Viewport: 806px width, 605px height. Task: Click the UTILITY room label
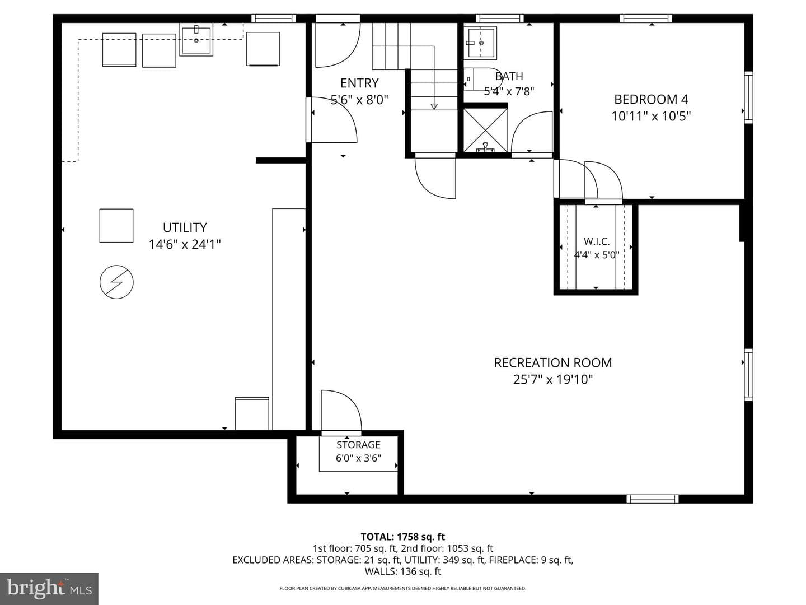click(184, 228)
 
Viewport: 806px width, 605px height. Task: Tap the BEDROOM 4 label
click(650, 99)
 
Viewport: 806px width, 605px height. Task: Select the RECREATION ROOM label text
click(552, 363)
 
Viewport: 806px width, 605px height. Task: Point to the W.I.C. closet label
click(596, 241)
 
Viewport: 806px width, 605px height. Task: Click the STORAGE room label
click(358, 445)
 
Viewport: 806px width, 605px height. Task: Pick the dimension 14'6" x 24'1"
click(184, 244)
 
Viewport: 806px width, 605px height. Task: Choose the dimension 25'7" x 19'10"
click(552, 379)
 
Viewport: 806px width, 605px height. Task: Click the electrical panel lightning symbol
click(116, 282)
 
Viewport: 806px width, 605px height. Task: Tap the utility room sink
click(196, 39)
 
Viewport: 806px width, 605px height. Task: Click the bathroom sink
click(480, 42)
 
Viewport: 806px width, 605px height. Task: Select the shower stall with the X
click(485, 130)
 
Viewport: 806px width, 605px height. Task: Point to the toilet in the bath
click(482, 78)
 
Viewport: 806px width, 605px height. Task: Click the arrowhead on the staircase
click(434, 106)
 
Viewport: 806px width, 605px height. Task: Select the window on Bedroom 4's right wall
click(748, 97)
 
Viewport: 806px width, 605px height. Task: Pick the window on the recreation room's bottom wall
click(652, 499)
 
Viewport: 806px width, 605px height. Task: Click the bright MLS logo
click(49, 589)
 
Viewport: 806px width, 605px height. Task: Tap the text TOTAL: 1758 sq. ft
click(403, 537)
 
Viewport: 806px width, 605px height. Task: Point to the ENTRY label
click(359, 83)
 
